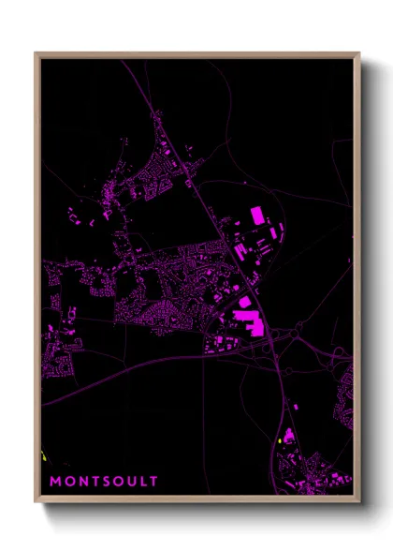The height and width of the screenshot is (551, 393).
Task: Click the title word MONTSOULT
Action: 104,482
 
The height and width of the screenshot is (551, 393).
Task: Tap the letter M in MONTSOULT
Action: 55,482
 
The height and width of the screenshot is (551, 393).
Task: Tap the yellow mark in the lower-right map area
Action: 281,440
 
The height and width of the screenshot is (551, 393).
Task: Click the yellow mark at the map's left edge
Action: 44,456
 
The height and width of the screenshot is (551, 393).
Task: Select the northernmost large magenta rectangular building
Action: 257,216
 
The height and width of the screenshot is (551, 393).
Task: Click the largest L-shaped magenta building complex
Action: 249,324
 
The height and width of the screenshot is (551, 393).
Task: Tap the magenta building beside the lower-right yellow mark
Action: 289,436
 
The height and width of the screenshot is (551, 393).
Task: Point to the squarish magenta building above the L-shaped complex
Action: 245,302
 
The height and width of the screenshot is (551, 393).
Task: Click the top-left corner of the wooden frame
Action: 36,54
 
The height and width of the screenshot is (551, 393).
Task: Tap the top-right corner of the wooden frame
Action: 358,54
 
